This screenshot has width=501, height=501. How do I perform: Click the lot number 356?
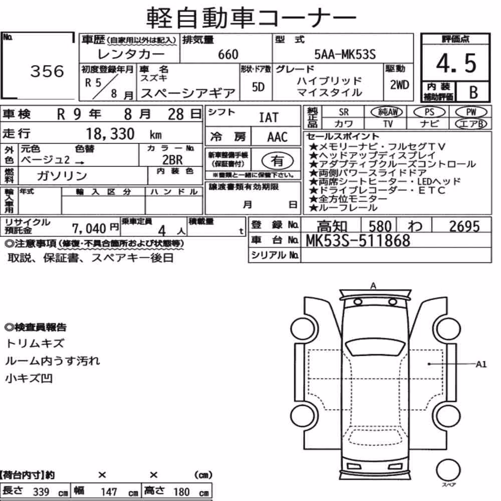(47, 71)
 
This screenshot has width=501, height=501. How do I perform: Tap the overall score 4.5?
(456, 63)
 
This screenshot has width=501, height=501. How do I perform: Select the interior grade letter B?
(473, 92)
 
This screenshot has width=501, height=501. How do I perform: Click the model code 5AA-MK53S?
(345, 54)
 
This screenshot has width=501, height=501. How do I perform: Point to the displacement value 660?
(228, 54)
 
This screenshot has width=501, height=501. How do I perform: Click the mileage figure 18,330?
(110, 134)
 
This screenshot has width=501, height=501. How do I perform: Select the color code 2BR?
(172, 159)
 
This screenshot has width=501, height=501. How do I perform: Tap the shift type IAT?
(269, 117)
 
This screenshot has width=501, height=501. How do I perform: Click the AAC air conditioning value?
(278, 137)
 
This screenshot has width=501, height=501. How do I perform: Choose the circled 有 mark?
(278, 161)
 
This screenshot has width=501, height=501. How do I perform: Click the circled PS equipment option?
(429, 112)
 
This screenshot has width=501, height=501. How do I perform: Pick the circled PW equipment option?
(471, 112)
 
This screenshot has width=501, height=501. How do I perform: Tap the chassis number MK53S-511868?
(358, 240)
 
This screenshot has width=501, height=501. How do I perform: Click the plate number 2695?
(464, 226)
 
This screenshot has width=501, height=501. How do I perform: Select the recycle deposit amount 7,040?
(89, 228)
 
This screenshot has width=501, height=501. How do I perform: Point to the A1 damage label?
(481, 364)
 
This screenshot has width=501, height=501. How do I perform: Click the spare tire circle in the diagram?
(448, 470)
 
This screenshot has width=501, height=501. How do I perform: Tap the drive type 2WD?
(399, 85)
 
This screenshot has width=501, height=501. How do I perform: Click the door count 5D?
(258, 87)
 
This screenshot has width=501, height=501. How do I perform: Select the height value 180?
(181, 491)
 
